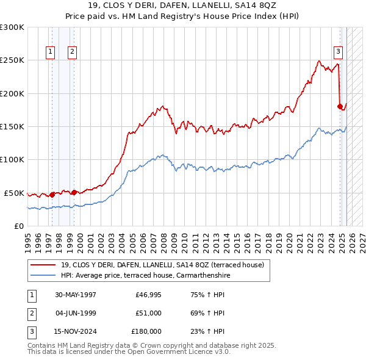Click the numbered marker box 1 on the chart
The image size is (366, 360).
[x=49, y=52]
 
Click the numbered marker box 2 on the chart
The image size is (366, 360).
[x=72, y=52]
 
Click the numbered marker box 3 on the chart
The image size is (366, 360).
[x=337, y=52]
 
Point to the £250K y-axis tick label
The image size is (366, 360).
[x=12, y=60]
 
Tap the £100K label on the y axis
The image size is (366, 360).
[x=12, y=159]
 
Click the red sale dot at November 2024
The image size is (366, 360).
[x=340, y=107]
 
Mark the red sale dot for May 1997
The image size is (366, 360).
[x=52, y=195]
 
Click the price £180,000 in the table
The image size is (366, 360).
[x=146, y=331]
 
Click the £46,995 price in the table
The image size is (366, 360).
[x=148, y=295]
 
